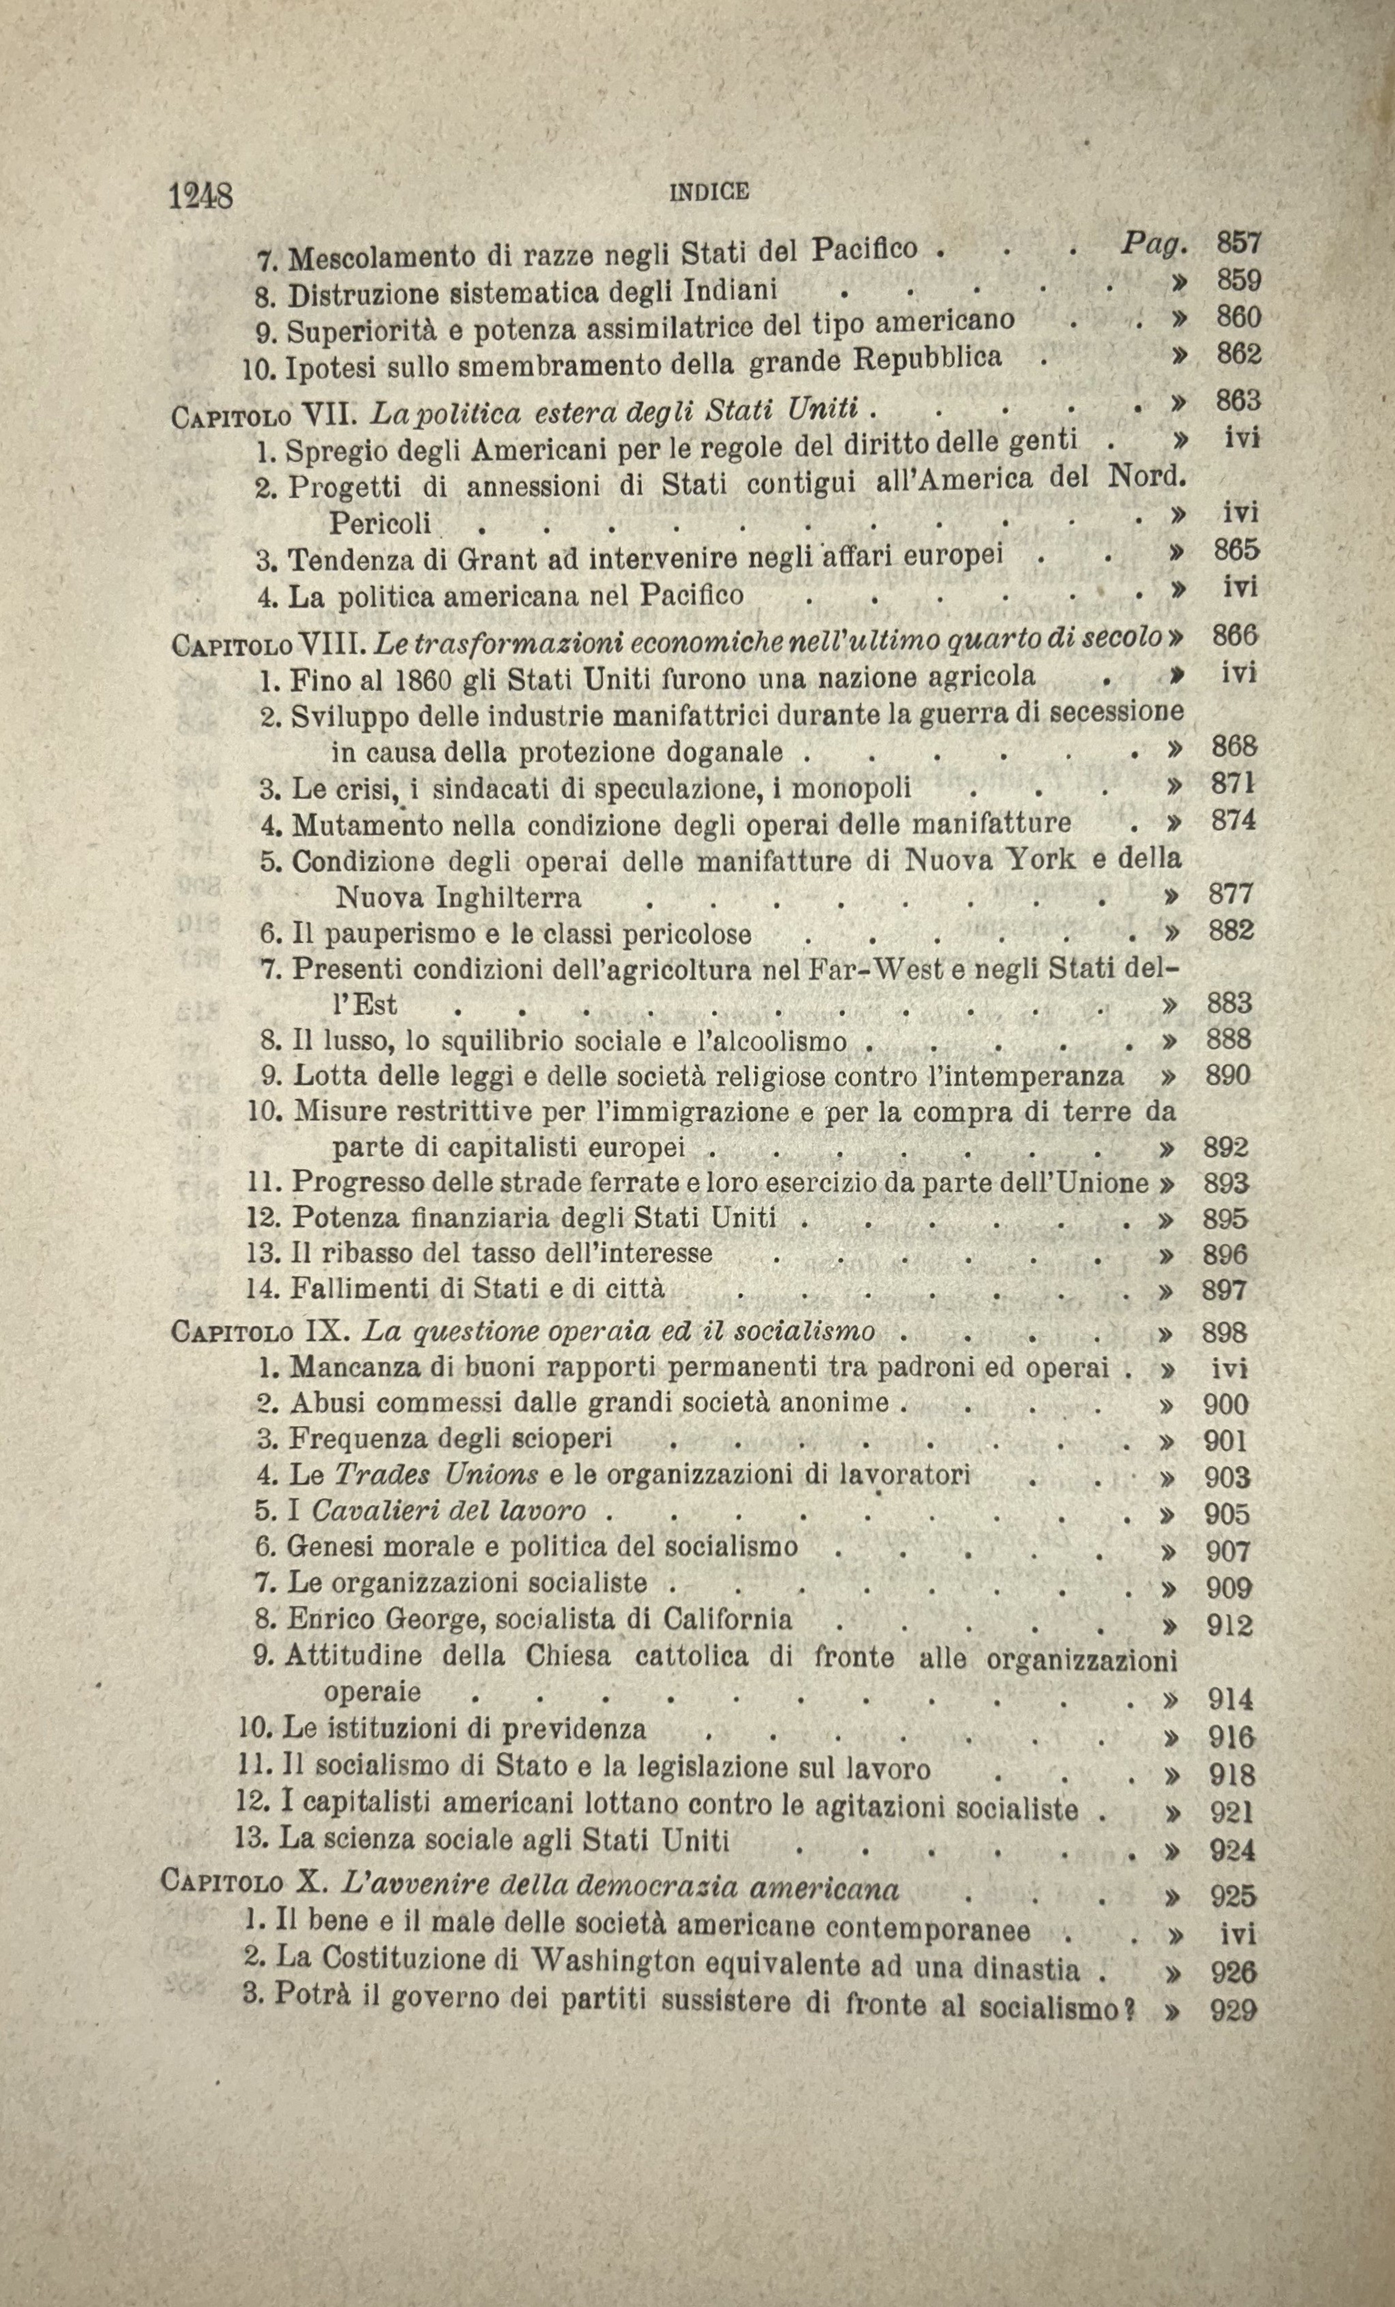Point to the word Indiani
(731, 291)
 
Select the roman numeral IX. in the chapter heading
(325, 1330)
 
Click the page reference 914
(1230, 1699)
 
